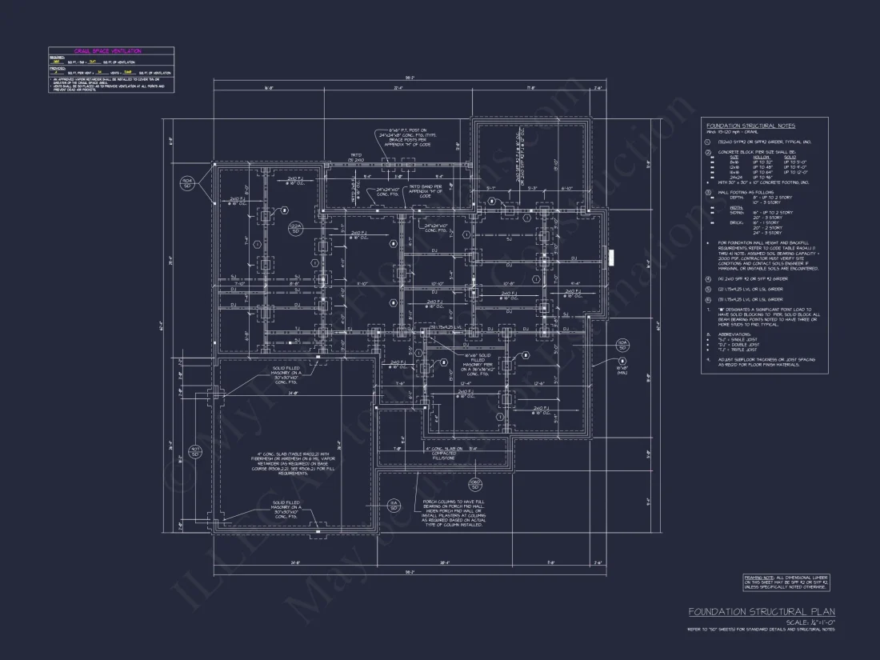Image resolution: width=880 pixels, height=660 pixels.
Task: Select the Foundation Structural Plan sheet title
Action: pyautogui.click(x=762, y=612)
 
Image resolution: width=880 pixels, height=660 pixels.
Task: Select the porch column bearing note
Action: pyautogui.click(x=453, y=513)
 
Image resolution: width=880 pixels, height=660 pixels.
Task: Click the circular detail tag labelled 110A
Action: pyautogui.click(x=186, y=183)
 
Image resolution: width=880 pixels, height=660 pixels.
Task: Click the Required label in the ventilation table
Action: pyautogui.click(x=57, y=57)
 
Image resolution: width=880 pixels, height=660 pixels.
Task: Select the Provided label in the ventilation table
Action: pyautogui.click(x=58, y=67)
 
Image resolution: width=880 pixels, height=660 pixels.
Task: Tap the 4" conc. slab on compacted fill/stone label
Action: pyautogui.click(x=443, y=453)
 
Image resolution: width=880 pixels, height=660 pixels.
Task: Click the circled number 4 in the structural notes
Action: pyautogui.click(x=708, y=278)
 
